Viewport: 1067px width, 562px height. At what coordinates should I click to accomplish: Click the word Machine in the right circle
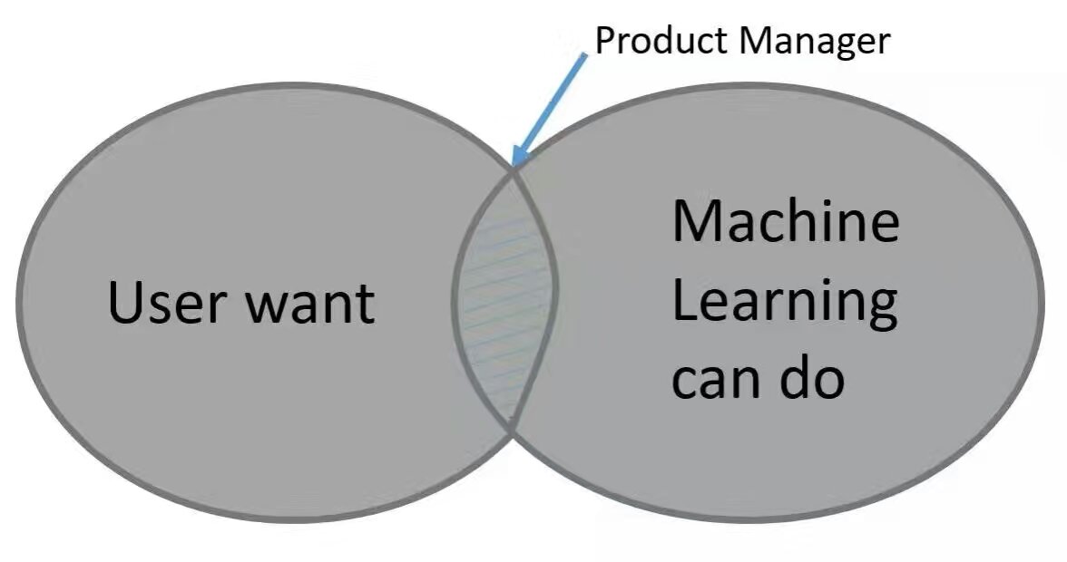(786, 222)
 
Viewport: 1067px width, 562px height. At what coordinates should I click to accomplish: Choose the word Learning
(786, 305)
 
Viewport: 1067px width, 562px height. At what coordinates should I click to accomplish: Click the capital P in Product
(604, 41)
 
